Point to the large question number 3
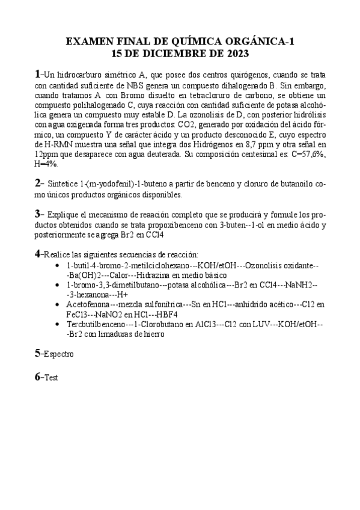[x=37, y=213]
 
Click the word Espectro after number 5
[x=58, y=355]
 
